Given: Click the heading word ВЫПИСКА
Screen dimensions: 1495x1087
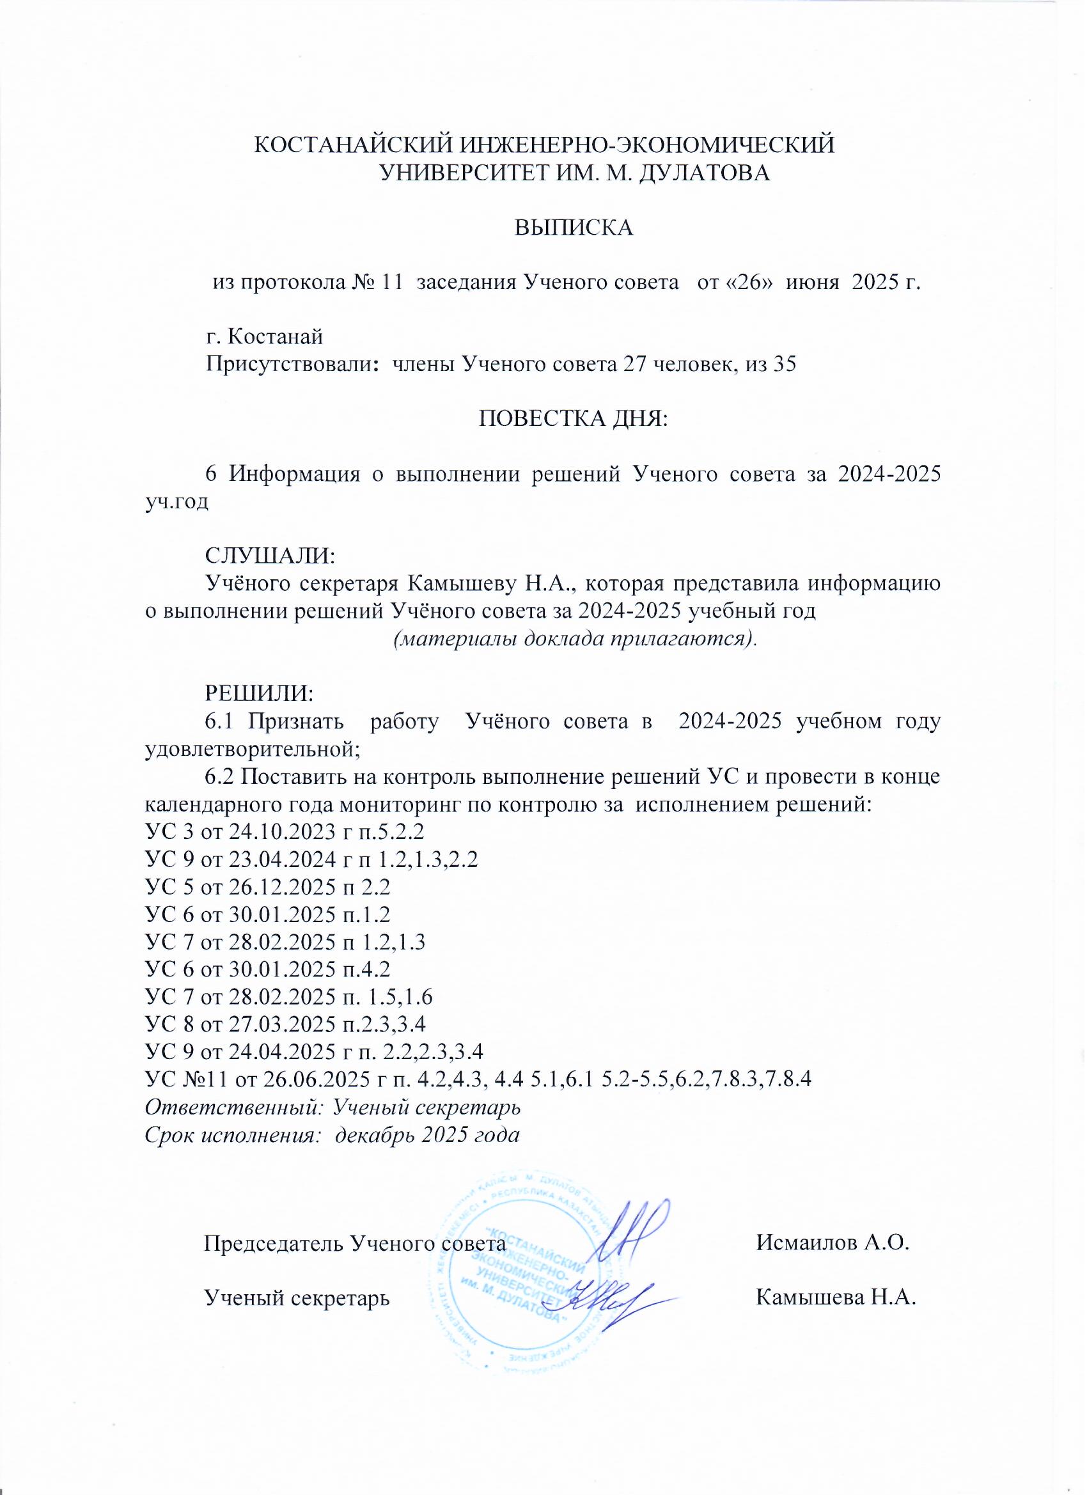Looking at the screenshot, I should (x=574, y=228).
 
